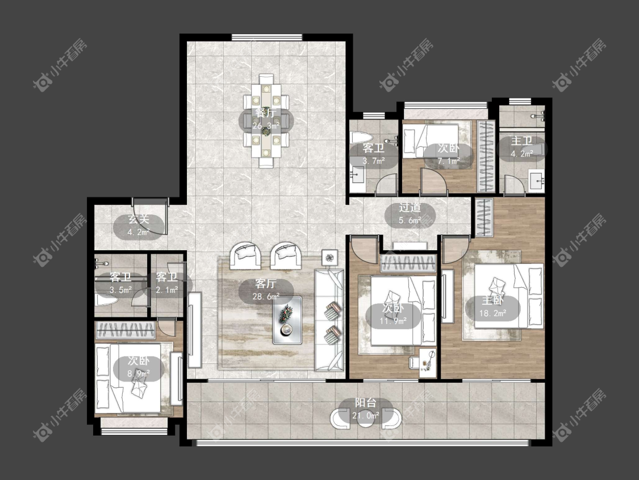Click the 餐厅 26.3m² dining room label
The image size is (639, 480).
[265, 119]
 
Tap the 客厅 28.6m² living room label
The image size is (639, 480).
[266, 290]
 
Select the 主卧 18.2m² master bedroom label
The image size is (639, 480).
[492, 307]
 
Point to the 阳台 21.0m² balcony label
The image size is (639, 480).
[366, 409]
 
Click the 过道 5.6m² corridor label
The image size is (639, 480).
[410, 213]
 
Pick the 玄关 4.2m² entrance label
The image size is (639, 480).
[139, 226]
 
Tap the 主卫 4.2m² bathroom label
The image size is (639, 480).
[521, 147]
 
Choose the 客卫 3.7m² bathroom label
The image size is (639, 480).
[373, 154]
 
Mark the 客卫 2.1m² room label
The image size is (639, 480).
[166, 283]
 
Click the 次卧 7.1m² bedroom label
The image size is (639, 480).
[448, 154]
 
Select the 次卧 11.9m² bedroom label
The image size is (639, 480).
[393, 315]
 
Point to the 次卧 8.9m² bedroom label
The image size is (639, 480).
[139, 367]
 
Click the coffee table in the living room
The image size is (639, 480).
[287, 320]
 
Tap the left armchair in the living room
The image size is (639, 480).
[245, 255]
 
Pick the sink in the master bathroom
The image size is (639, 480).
[537, 180]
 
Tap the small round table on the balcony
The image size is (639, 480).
[366, 419]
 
